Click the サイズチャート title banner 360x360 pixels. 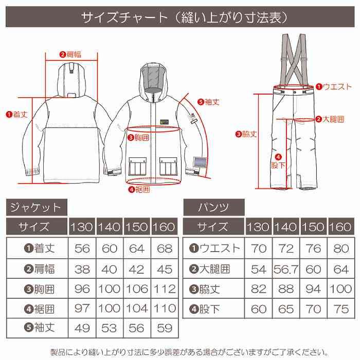click(x=180, y=17)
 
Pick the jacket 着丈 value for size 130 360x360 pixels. click(x=82, y=248)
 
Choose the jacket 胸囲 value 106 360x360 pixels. click(x=136, y=288)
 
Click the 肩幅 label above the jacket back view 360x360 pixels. click(x=71, y=54)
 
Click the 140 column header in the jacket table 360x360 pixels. click(x=110, y=227)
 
